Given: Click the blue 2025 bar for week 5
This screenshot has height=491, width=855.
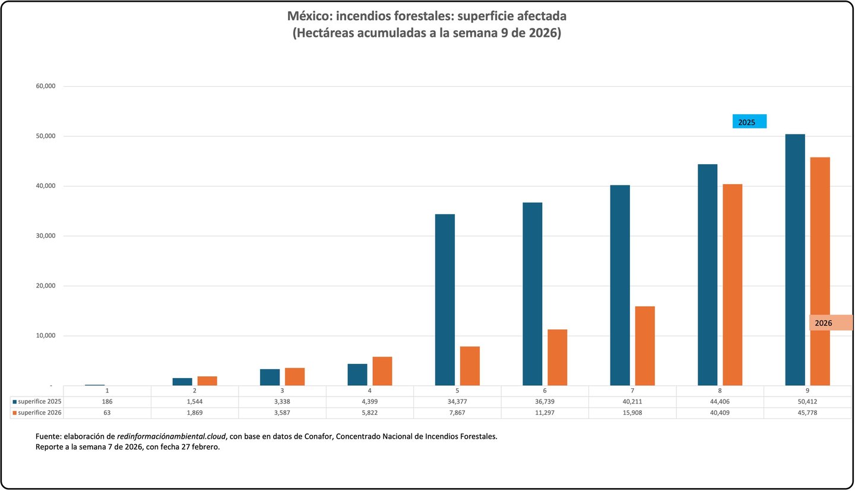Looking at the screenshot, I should (x=445, y=300).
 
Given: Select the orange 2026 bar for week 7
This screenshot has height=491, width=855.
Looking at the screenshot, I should (x=645, y=346).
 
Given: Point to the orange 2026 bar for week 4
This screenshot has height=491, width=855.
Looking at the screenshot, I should (x=382, y=371).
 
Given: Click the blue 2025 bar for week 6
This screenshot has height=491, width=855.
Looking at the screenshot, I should (x=533, y=294).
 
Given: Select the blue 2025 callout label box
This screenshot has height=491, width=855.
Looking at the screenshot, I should (x=749, y=122).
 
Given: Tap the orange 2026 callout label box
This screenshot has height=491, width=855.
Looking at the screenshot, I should (x=830, y=323).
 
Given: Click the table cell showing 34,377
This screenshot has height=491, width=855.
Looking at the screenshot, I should (x=457, y=402).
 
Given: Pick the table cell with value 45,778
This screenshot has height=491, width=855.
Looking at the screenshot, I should (x=808, y=413).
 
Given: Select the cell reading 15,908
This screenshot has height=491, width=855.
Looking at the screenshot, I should (x=632, y=413).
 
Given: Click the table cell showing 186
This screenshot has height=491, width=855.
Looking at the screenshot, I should (x=107, y=402).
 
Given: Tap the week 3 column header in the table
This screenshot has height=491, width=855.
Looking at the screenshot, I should (x=282, y=391).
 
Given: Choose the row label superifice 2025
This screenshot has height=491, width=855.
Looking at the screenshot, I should (x=39, y=402).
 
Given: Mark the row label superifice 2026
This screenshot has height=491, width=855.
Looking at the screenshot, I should (x=39, y=413).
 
